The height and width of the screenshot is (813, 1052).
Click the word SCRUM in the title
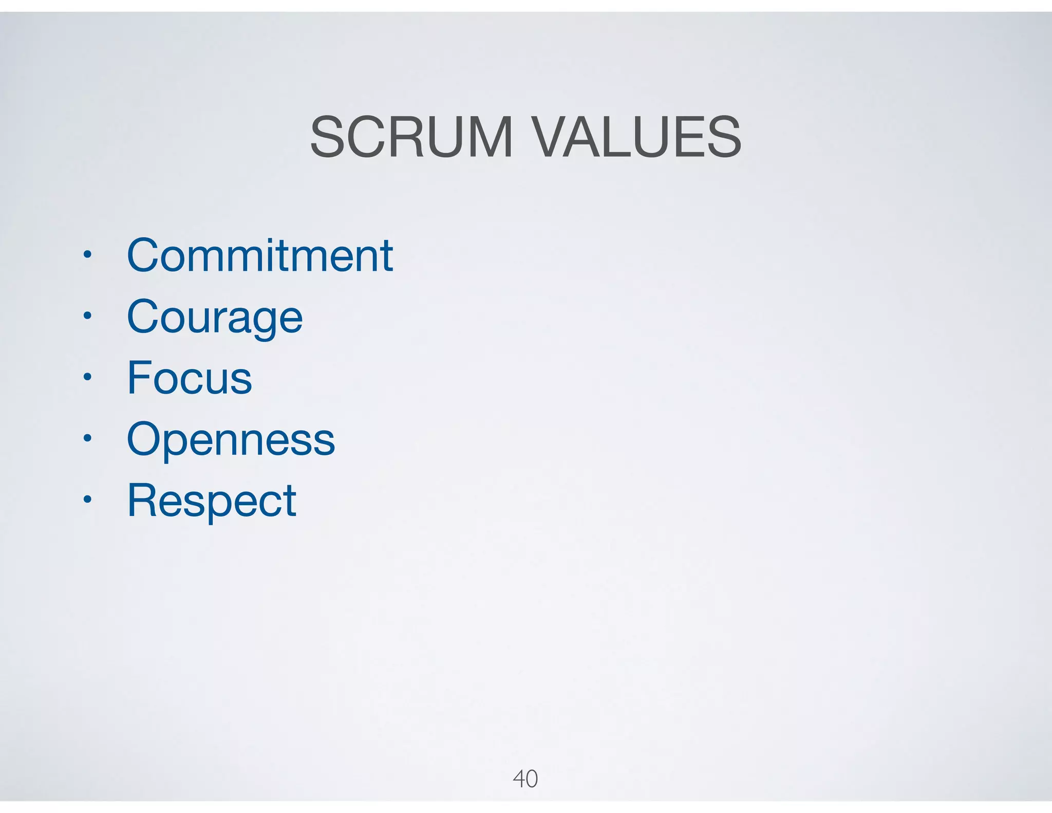[411, 137]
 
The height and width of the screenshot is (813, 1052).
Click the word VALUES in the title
[636, 137]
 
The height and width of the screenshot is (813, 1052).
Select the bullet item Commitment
[260, 255]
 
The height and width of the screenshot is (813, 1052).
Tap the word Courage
[215, 318]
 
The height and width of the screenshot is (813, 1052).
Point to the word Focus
[190, 378]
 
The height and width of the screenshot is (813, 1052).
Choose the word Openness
[231, 440]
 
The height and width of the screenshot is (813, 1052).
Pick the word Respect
[212, 501]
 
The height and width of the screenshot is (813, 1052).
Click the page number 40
[525, 779]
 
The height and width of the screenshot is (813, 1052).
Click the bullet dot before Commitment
[88, 254]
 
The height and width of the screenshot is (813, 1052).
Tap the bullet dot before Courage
[88, 316]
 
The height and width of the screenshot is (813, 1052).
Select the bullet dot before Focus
[88, 377]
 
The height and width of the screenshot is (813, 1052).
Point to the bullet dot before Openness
[88, 438]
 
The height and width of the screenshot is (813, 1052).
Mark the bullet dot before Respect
[88, 499]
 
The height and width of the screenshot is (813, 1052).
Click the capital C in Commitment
[145, 255]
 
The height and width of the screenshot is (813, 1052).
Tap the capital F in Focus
[139, 378]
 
